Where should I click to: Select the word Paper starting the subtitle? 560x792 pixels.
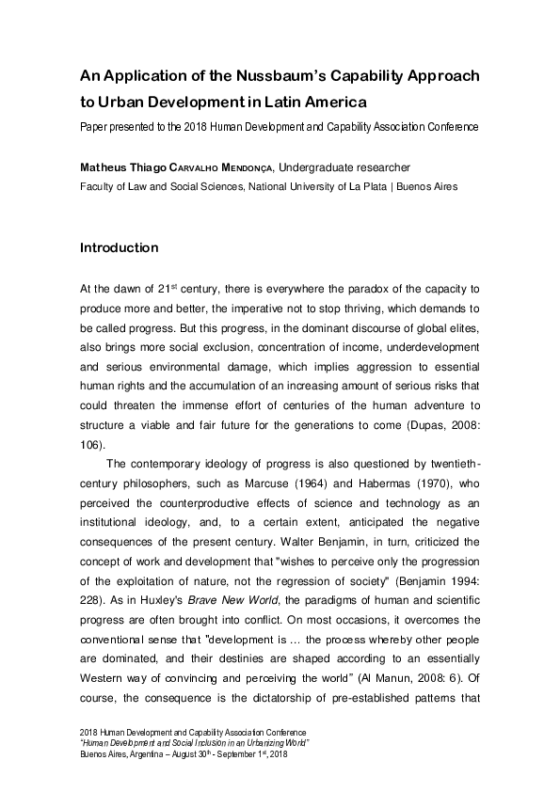point(95,126)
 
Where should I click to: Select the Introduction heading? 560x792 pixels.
point(119,249)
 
